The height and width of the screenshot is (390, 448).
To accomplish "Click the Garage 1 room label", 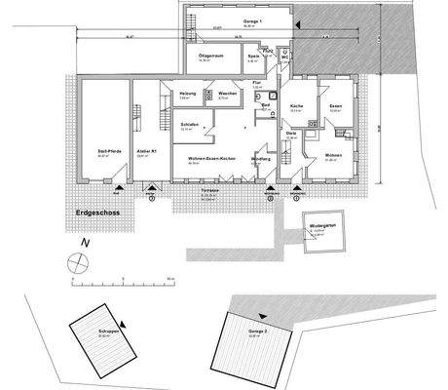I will click(229, 19).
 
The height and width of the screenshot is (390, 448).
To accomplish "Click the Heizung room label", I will click(189, 95).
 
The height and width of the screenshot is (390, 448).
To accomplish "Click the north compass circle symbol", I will click(77, 262).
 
